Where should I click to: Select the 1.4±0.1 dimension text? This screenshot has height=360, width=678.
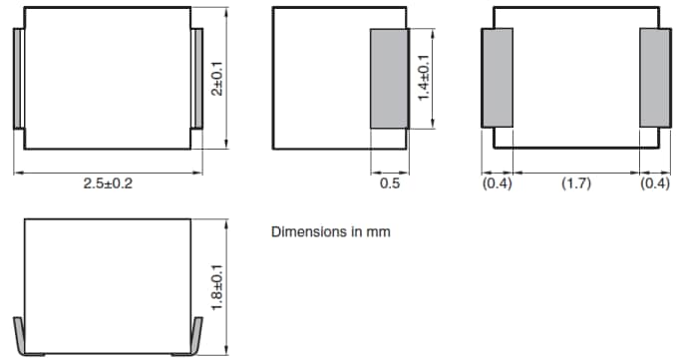[x=424, y=79]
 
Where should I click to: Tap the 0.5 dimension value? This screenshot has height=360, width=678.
[x=390, y=184]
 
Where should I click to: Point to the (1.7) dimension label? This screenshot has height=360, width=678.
[x=575, y=184]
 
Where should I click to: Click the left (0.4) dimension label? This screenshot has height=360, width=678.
[x=497, y=184]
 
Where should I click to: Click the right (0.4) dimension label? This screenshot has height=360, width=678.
[x=654, y=184]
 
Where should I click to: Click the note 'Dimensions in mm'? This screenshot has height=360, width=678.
[x=331, y=232]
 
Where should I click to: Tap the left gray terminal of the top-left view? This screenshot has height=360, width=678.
[x=18, y=79]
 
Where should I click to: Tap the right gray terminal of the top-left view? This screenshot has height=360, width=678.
[x=196, y=79]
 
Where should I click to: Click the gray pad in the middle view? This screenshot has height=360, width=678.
[x=389, y=79]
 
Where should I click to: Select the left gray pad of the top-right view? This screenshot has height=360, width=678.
[x=497, y=78]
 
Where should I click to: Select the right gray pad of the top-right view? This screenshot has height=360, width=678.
[x=654, y=78]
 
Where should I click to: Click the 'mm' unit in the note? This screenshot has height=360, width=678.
[x=379, y=232]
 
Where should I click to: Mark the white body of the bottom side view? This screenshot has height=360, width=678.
[x=107, y=284]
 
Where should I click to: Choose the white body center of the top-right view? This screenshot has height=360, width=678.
[x=575, y=78]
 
